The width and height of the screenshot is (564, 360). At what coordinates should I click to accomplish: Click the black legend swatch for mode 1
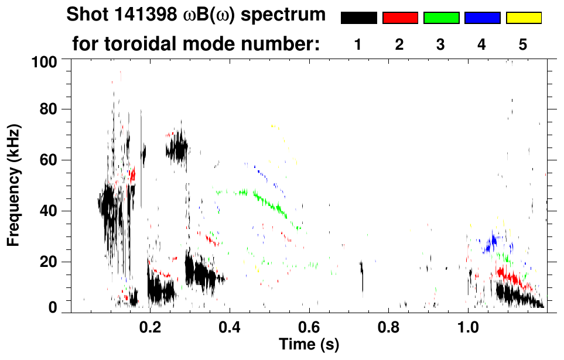[359, 18]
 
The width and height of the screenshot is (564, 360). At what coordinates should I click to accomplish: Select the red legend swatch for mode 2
[400, 18]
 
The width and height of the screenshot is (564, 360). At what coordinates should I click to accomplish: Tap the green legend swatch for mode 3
[441, 18]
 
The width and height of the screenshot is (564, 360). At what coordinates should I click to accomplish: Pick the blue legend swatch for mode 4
[482, 18]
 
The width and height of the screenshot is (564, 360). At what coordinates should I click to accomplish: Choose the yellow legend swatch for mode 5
[524, 18]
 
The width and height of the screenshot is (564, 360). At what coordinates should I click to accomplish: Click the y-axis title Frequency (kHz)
[13, 184]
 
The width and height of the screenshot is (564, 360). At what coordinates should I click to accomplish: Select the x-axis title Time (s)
[309, 344]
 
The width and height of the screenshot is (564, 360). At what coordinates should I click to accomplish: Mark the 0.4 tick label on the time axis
[230, 325]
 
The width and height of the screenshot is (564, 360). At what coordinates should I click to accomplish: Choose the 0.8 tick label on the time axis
[388, 325]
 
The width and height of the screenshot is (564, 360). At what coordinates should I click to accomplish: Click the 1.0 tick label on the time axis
[468, 325]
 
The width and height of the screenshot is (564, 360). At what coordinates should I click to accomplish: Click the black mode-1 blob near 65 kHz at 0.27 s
[177, 149]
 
